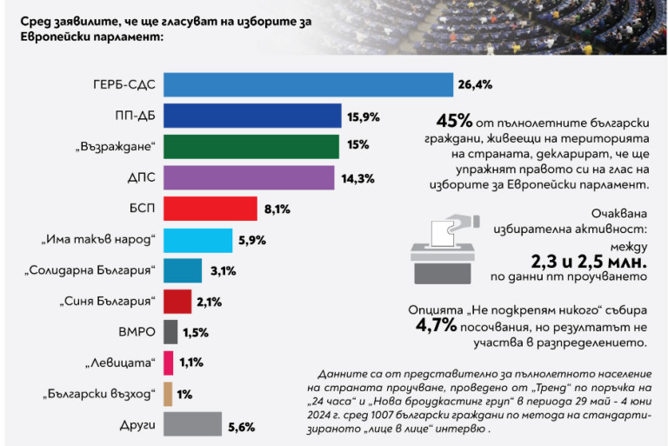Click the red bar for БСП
210,209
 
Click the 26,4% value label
473,85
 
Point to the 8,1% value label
277,209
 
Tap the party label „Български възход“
98,394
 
